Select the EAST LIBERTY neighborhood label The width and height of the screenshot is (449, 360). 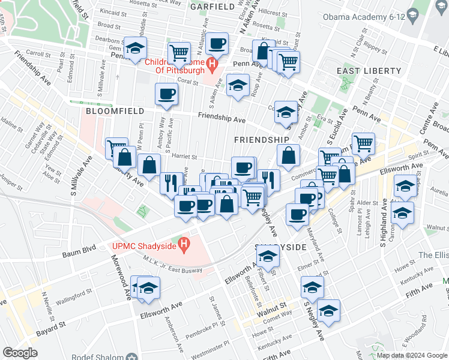[369, 71]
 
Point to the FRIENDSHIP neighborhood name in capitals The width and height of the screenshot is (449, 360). [261, 139]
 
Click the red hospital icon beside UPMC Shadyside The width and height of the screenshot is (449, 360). [185, 245]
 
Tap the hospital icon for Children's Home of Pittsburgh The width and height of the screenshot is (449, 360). [211, 63]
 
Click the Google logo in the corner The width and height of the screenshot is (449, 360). [20, 353]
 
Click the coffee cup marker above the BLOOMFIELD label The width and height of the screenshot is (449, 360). [166, 94]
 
